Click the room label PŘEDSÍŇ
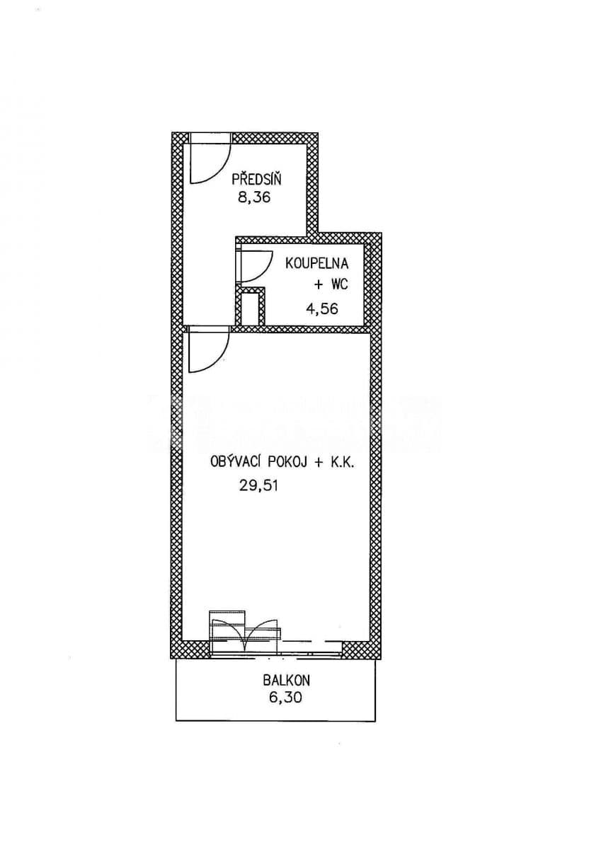(x=256, y=178)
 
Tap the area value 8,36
(x=253, y=197)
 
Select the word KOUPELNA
(x=316, y=263)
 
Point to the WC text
(x=339, y=284)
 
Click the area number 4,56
(x=321, y=308)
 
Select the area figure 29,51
(x=258, y=485)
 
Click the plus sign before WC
(x=319, y=285)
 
